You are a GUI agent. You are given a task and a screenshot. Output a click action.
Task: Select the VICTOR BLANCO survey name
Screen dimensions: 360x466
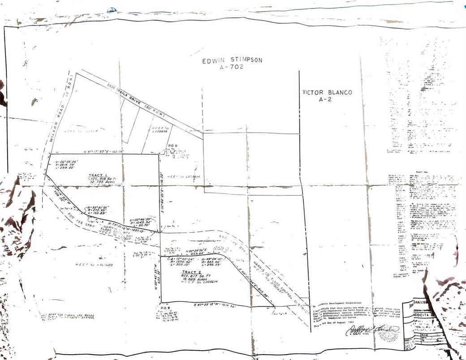pos(327,92)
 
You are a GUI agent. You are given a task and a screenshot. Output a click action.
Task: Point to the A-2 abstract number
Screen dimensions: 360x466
pos(327,100)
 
